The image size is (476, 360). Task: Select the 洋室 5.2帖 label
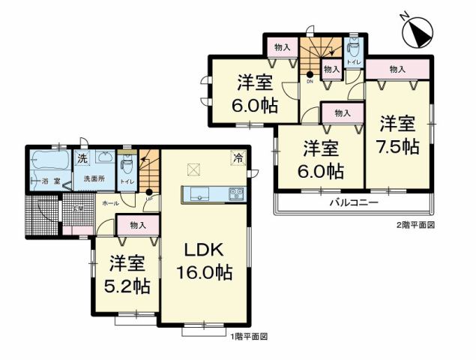coord(127,274)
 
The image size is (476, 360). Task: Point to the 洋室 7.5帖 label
coord(397,134)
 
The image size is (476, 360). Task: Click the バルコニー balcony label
coord(353,202)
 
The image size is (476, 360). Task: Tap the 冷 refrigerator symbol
coord(238,158)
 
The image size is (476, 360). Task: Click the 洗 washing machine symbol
coord(81,159)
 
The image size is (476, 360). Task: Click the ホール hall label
coord(109,203)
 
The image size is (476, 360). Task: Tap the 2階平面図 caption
coord(415,225)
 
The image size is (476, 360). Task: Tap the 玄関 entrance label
coord(78,209)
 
